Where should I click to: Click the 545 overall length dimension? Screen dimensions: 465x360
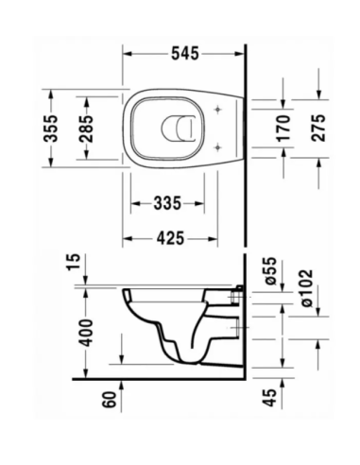coord(185,55)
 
